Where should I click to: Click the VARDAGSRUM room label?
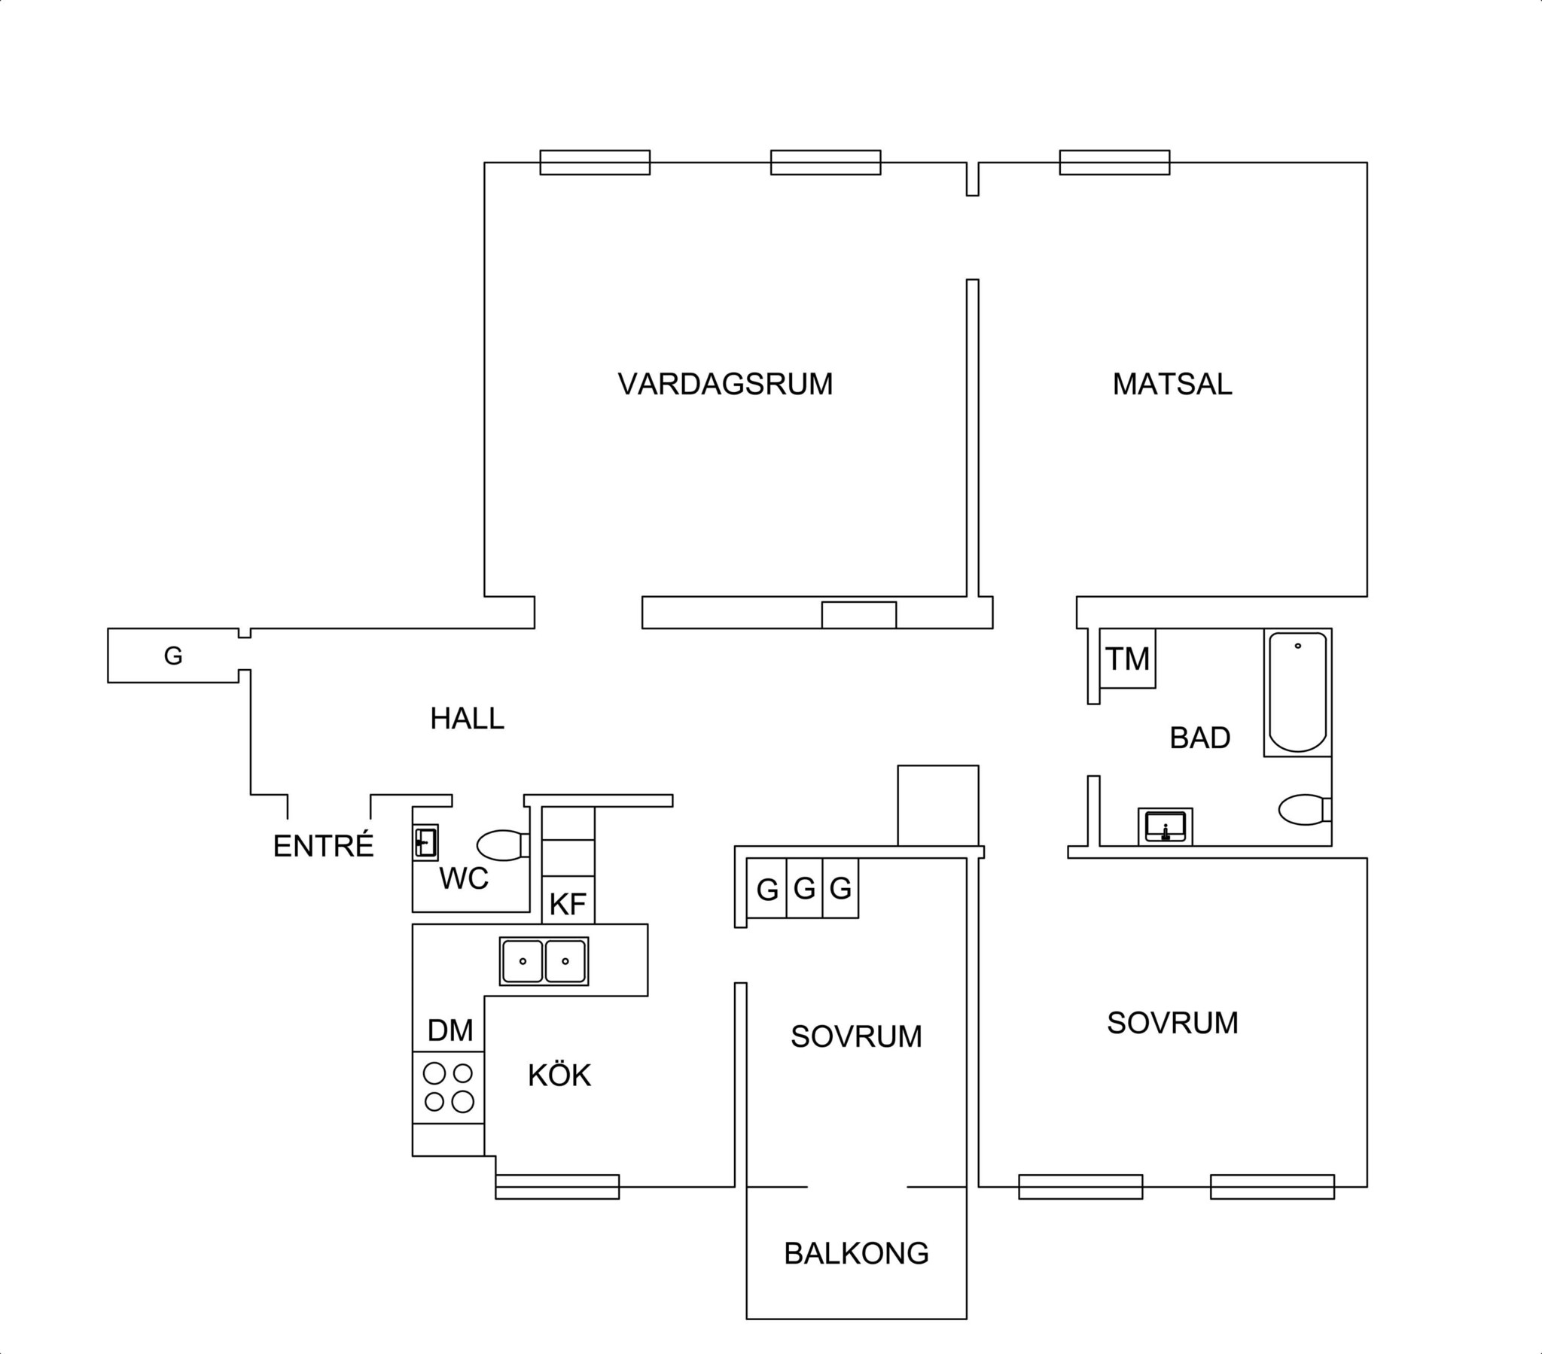[x=725, y=384]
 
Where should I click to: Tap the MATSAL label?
[x=1172, y=384]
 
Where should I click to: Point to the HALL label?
[x=467, y=719]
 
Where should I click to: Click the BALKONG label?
[x=856, y=1253]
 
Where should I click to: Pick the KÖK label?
[x=559, y=1074]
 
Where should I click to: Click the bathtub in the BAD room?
[x=1297, y=692]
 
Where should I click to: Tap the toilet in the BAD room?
[x=1304, y=809]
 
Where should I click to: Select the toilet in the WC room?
[x=503, y=844]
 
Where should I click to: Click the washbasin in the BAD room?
[x=1166, y=826]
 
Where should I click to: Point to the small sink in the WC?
[x=426, y=841]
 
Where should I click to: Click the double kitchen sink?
[x=544, y=961]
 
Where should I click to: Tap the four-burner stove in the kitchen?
[x=448, y=1087]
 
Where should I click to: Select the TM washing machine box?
[x=1128, y=659]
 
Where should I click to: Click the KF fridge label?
[x=567, y=904]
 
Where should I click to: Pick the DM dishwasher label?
[x=449, y=1030]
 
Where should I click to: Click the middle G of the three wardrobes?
[x=804, y=889]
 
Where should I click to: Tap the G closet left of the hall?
[x=173, y=656]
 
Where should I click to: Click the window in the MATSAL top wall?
[x=1114, y=162]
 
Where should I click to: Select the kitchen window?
[x=557, y=1187]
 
